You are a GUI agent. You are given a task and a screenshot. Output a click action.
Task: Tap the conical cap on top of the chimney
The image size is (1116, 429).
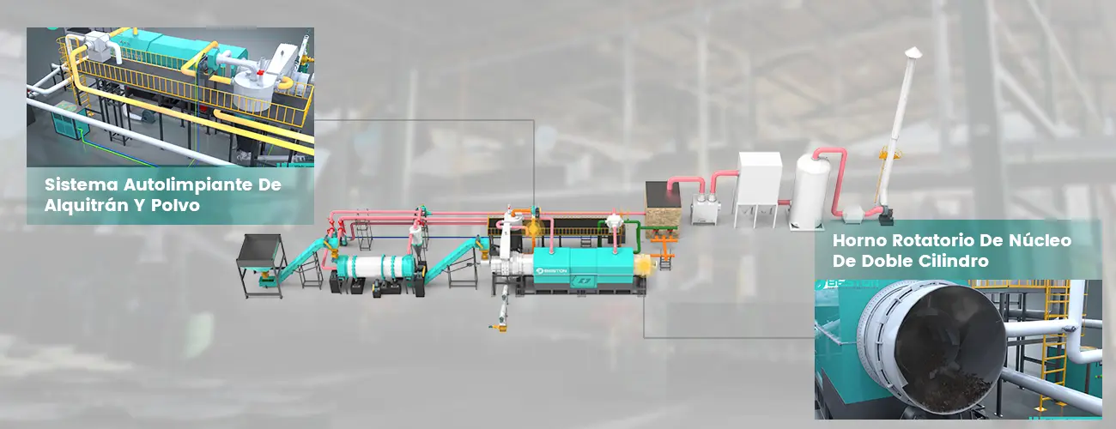913,52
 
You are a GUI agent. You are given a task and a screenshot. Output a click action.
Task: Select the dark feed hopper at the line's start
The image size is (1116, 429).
259,249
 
